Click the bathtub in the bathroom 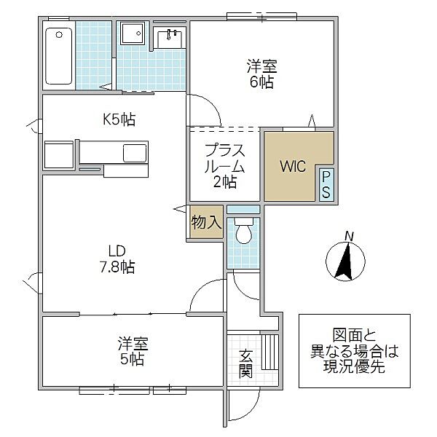click(58, 56)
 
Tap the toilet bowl click(244, 231)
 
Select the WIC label click(293, 166)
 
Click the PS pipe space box click(326, 184)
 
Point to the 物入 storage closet click(207, 222)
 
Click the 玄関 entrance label click(245, 363)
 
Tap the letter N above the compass click(349, 237)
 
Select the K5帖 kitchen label click(119, 119)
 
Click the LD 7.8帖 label click(117, 259)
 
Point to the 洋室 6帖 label click(261, 74)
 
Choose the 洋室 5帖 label click(133, 351)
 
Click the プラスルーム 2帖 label click(224, 166)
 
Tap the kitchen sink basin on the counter click(135, 153)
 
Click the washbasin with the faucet click(170, 39)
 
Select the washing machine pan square click(133, 34)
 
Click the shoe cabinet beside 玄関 click(270, 352)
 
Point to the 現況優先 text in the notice click(354, 366)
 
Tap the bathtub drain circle click(59, 35)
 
